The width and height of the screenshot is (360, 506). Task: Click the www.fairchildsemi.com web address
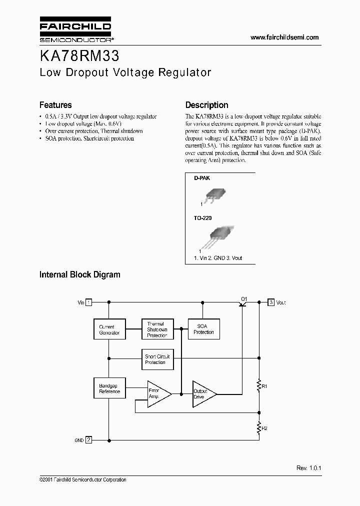pos(284,37)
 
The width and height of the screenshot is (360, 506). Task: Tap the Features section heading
pos(55,105)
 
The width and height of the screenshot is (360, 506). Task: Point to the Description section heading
pos(206,105)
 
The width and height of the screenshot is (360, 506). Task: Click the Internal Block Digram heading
pos(79,274)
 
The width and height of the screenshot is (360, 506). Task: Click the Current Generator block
pos(108,329)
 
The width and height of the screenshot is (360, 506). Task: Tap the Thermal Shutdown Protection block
pos(157,329)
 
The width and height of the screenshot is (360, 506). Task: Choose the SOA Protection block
pos(203,329)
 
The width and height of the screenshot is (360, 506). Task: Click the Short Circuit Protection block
pos(157,359)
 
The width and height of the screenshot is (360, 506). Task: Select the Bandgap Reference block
pos(108,388)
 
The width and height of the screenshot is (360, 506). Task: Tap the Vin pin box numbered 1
pos(88,302)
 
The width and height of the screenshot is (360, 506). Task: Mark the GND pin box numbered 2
pos(88,440)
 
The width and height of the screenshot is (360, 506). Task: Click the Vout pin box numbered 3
pos(271,302)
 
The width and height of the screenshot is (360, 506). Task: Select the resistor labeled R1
pos(259,385)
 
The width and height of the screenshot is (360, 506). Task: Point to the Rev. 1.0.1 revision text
pos(308,467)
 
